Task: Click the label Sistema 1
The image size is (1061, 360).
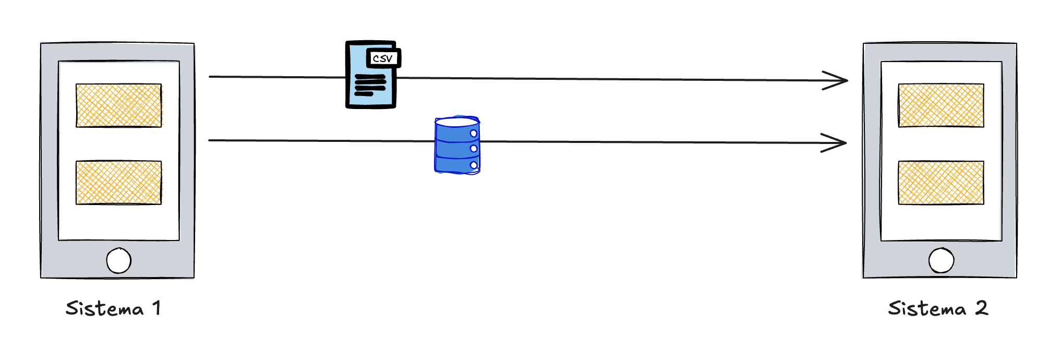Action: (113, 308)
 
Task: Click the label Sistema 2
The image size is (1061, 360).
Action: (937, 308)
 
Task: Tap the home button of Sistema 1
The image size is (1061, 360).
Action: (118, 260)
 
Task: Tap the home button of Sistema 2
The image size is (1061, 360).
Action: (941, 260)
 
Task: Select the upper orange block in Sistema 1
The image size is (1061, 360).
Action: (118, 105)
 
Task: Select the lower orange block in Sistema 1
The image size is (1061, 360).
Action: (118, 182)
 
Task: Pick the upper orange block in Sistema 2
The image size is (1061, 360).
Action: (941, 105)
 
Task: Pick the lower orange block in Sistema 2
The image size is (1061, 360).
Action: (941, 182)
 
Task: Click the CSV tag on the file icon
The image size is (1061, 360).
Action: (383, 58)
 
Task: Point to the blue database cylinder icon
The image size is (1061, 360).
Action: (457, 145)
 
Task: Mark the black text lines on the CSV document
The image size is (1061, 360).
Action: (370, 85)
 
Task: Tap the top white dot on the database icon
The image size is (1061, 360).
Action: (474, 134)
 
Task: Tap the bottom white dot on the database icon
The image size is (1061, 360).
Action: (474, 165)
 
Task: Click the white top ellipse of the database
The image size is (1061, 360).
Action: (456, 122)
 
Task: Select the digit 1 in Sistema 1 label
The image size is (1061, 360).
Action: (156, 308)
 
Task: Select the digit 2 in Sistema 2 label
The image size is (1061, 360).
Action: (981, 308)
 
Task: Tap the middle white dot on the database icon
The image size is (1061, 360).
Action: (474, 149)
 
